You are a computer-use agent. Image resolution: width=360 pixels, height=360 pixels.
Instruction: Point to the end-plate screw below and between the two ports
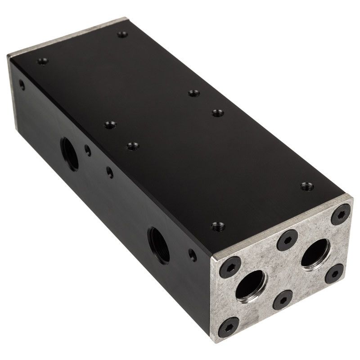point(283,299)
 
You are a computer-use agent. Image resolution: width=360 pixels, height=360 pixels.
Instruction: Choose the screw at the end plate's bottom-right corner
point(335,272)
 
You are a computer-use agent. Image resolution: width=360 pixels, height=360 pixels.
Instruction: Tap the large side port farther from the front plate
point(69,153)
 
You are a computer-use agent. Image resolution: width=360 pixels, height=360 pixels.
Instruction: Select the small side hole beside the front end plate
point(192,256)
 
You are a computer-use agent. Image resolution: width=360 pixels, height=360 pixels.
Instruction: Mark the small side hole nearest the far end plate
point(21,84)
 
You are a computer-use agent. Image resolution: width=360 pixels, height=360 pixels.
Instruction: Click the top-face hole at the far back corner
point(121,34)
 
